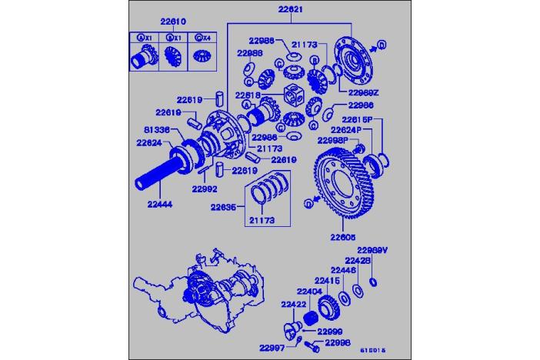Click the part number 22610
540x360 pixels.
coord(173,22)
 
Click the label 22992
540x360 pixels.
coord(206,187)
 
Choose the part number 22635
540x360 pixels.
coord(225,206)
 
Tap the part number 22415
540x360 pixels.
coord(327,281)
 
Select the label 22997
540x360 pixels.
coord(269,348)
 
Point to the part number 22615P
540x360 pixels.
coord(358,119)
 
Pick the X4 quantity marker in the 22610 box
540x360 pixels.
coord(202,38)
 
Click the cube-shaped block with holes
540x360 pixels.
coord(296,97)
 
